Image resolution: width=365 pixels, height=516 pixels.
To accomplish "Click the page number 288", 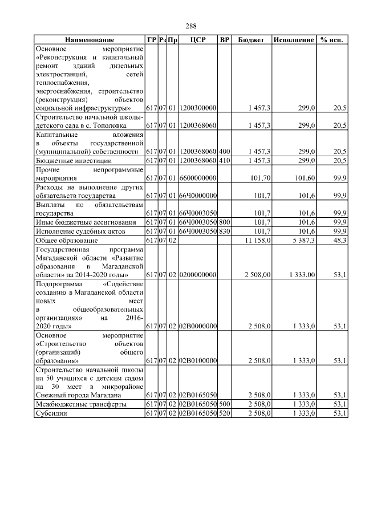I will pos(191,26).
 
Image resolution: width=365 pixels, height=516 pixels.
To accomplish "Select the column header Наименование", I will pos(90,40).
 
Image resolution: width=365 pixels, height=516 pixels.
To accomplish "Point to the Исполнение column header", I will pos(294,40).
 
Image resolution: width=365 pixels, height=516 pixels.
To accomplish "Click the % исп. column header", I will pos(333,40).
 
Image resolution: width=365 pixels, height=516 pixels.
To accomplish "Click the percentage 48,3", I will pos(340,241).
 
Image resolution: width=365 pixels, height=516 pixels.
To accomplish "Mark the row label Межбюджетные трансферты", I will pos(80,404).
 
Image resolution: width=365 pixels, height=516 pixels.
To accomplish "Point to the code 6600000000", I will pos(198,178).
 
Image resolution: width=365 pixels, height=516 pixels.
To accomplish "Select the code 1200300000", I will pos(198,107).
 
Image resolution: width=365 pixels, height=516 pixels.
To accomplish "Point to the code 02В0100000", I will pos(198,361).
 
